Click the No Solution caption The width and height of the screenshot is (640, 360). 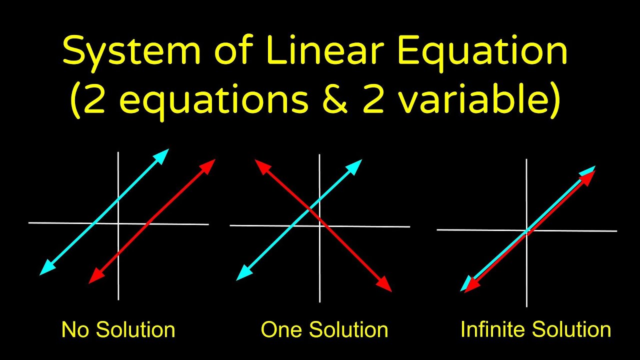coord(118,330)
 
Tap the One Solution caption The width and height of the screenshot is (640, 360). coord(324,330)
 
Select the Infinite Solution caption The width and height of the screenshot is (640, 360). coord(535,330)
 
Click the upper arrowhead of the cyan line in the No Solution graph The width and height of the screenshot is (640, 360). coord(162,154)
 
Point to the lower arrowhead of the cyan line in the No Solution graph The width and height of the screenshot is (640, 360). coord(45,268)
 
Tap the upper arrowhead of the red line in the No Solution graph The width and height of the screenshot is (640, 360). coord(209,164)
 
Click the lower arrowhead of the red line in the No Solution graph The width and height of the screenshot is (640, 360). coord(94,278)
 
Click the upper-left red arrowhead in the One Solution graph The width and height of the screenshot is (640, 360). coord(261,165)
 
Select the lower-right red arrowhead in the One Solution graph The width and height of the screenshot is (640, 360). coord(385,285)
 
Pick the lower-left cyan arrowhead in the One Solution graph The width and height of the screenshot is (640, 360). coord(242,274)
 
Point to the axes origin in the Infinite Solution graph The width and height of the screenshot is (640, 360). coord(526,230)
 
